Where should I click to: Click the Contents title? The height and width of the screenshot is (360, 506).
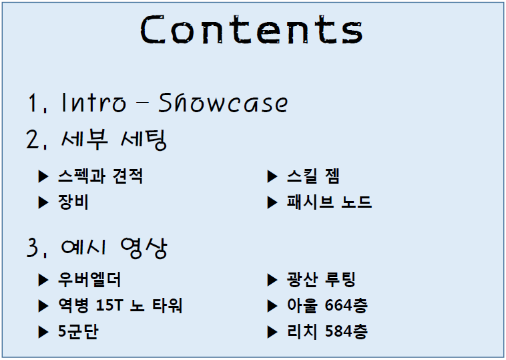(252, 29)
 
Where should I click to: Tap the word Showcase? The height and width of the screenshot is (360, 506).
(223, 103)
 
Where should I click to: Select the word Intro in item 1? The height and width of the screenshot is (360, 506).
(93, 103)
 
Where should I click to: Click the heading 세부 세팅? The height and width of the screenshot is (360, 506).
(113, 140)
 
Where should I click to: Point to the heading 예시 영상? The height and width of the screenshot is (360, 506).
(113, 248)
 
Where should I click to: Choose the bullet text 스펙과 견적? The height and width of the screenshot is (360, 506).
(100, 176)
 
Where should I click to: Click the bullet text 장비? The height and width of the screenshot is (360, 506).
(73, 202)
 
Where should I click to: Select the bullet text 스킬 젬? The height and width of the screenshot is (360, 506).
(313, 176)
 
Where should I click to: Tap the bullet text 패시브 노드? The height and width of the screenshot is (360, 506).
(329, 202)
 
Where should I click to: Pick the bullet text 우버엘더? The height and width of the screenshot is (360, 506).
(89, 280)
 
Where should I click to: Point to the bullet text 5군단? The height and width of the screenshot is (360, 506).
(78, 331)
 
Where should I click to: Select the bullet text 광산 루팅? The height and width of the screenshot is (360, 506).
(321, 280)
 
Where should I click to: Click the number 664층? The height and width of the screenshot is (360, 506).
(346, 305)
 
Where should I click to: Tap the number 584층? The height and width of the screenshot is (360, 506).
(346, 331)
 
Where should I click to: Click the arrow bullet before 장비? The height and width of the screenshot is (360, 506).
(43, 203)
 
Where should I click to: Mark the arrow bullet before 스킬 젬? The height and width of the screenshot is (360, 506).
(272, 176)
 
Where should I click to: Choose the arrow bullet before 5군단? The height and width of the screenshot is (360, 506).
(43, 332)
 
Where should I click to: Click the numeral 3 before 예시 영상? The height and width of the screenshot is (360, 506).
(33, 248)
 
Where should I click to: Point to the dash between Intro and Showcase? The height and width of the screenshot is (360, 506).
(142, 103)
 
